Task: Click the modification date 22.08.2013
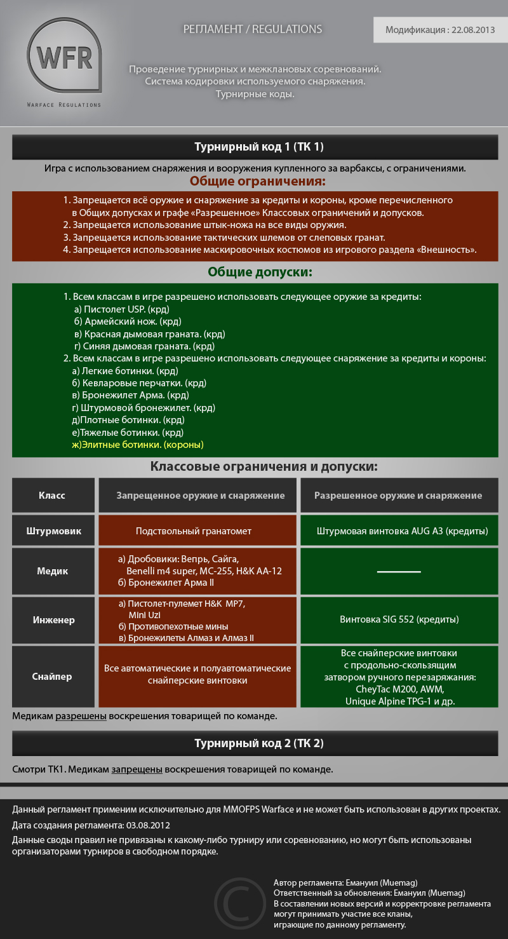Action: tap(473, 30)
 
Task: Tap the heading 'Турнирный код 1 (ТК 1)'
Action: tap(258, 147)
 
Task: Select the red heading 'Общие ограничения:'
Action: tap(257, 182)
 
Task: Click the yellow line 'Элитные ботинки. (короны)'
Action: tap(142, 445)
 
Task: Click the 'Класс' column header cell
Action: tap(52, 496)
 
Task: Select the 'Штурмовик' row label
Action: tap(53, 530)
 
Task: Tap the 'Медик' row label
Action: tap(52, 571)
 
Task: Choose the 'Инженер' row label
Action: tap(53, 619)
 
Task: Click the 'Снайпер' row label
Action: tap(52, 677)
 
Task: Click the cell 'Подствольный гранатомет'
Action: tap(194, 530)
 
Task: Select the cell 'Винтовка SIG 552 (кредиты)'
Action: tap(399, 619)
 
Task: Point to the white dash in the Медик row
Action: tap(399, 572)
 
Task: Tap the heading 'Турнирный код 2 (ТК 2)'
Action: tap(258, 743)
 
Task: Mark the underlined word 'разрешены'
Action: tap(81, 716)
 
